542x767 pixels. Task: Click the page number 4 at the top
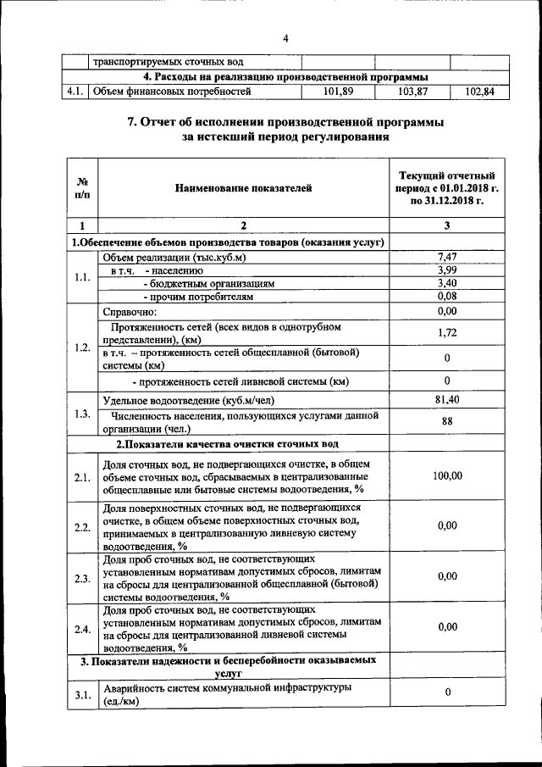tap(285, 39)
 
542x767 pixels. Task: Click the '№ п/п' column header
tap(83, 188)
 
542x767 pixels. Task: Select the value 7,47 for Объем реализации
tap(447, 257)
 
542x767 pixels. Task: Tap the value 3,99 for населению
tap(447, 270)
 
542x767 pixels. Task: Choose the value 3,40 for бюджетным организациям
tap(447, 283)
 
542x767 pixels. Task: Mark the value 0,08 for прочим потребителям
tap(447, 297)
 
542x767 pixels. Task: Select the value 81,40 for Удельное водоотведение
tap(447, 399)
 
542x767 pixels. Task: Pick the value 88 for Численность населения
tap(447, 421)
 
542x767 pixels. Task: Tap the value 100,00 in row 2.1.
tap(447, 476)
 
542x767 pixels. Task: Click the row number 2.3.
tap(82, 578)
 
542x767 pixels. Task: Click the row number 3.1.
tap(82, 695)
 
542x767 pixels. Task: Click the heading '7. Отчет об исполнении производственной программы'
tap(285, 123)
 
